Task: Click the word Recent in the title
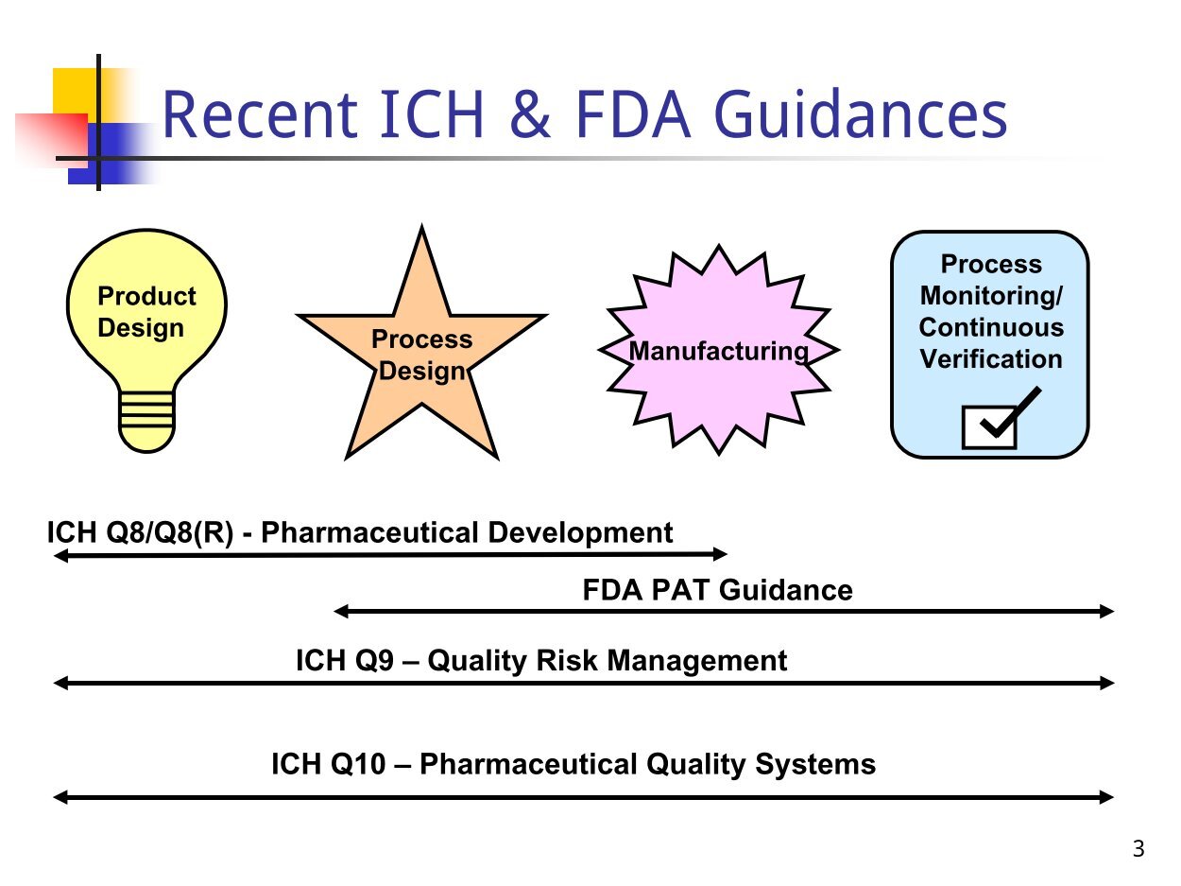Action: (260, 114)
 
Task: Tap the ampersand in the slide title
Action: (530, 114)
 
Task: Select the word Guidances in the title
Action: (861, 114)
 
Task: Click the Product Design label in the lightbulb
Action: (146, 312)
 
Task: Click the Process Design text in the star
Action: (421, 356)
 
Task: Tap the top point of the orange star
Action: (421, 226)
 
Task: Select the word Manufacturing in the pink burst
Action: (719, 352)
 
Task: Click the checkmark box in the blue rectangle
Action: (989, 426)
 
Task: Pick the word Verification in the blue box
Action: (991, 359)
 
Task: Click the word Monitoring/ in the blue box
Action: (991, 296)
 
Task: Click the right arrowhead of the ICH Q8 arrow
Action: (721, 554)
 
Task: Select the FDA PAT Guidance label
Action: (718, 590)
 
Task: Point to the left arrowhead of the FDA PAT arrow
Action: (341, 611)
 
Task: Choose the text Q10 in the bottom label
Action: (358, 764)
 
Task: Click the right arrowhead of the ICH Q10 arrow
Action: (1106, 797)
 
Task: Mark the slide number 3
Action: (1138, 849)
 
